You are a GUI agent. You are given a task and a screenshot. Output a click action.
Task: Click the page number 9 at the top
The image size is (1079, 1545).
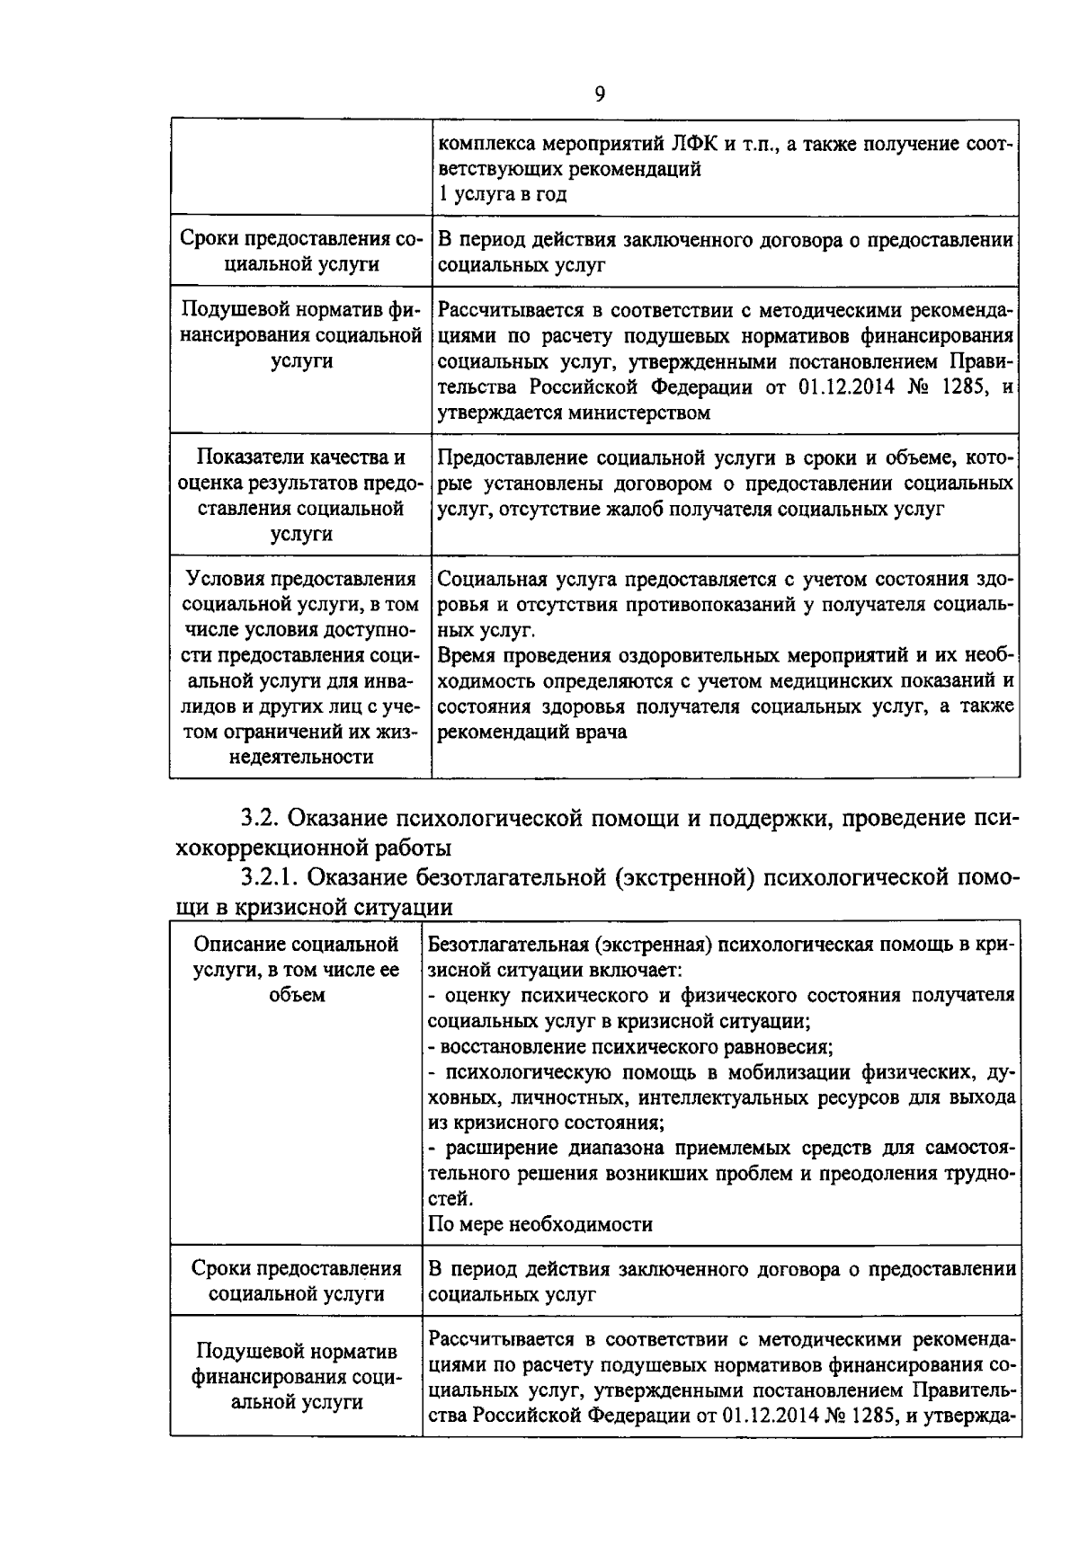coord(600,94)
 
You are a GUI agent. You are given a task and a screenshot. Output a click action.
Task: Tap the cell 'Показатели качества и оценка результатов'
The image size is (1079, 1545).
coord(300,495)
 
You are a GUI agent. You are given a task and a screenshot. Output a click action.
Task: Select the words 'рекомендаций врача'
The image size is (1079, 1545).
coord(532,732)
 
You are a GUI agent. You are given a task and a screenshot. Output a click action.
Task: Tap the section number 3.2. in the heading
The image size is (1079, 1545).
coord(262,819)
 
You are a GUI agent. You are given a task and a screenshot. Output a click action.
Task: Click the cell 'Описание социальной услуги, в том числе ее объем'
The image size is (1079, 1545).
coord(297,970)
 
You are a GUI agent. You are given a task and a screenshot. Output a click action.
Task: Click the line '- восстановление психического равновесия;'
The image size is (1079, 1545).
coord(629,1046)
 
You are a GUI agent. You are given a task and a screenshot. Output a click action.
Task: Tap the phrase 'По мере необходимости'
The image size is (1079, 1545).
coord(540,1224)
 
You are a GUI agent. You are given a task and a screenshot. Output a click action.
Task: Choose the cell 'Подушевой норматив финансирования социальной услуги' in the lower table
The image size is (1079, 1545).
coord(297,1377)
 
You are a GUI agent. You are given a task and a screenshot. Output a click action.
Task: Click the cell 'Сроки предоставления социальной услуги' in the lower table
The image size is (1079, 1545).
coord(297,1281)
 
